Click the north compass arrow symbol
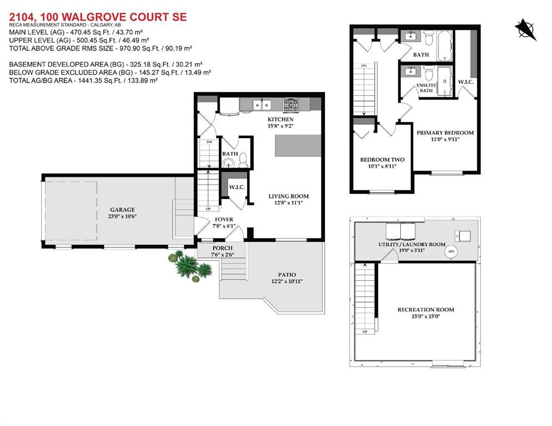click(526, 29)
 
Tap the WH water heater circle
click(451, 251)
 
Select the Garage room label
click(123, 210)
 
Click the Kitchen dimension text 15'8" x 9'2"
click(280, 126)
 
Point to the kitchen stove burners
click(291, 105)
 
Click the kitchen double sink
click(262, 104)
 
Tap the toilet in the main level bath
click(243, 160)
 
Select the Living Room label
click(289, 196)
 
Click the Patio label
click(287, 275)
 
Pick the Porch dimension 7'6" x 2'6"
click(223, 255)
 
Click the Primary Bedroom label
click(445, 133)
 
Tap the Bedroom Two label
click(382, 160)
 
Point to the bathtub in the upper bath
click(445, 45)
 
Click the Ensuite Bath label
click(426, 88)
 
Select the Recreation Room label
click(426, 310)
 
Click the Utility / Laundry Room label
click(412, 244)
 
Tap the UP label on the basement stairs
click(365, 332)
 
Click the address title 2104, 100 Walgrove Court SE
click(98, 17)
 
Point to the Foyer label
click(224, 220)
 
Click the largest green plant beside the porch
click(186, 266)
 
